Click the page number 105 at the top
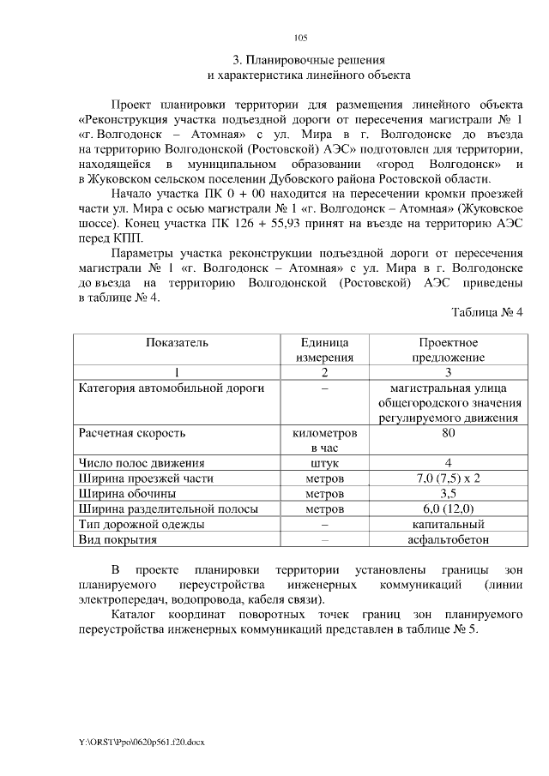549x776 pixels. click(x=300, y=37)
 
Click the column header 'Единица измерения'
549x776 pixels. click(x=324, y=350)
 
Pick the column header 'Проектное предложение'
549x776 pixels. click(x=448, y=350)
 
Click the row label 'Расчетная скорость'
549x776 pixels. click(x=132, y=433)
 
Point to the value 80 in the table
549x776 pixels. click(x=448, y=433)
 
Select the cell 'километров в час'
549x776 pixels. click(x=324, y=441)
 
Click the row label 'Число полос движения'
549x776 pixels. click(x=142, y=463)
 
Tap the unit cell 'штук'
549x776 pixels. click(x=324, y=463)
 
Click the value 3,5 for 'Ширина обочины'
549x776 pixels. click(x=448, y=493)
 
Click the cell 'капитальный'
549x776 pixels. click(x=448, y=524)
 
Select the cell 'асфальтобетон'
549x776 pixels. click(x=448, y=540)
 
